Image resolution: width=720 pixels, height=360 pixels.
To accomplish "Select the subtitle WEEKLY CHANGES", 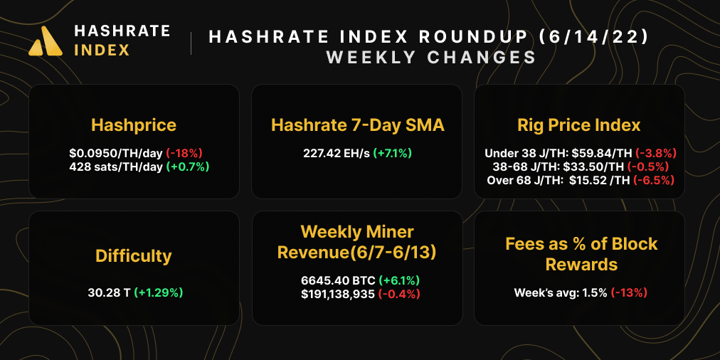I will (x=431, y=57).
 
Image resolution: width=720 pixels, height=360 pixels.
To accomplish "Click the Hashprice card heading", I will (x=134, y=125).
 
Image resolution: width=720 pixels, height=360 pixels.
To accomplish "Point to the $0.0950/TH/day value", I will (x=115, y=153).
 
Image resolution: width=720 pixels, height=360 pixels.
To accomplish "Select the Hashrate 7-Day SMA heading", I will (x=358, y=125).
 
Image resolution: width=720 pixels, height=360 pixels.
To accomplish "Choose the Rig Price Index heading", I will (x=579, y=125).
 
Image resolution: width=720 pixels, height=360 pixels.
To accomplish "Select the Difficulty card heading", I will (x=134, y=255).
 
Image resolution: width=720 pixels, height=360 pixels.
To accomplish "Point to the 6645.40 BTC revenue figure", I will (x=338, y=280).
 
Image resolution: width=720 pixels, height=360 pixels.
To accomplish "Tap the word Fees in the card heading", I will (x=524, y=244).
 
